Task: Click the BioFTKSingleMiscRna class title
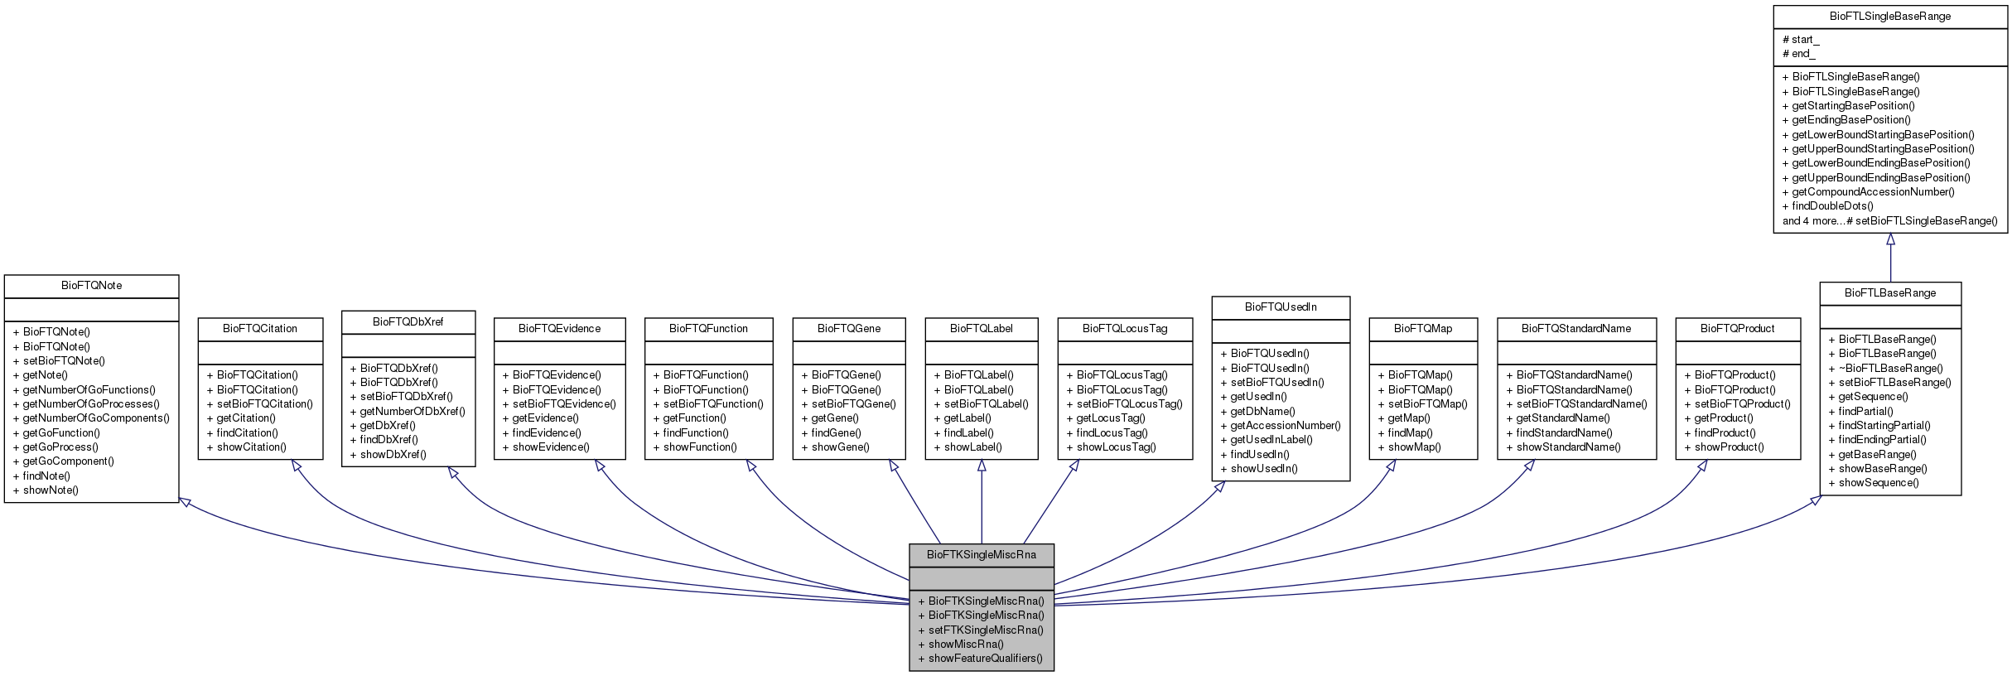tap(981, 554)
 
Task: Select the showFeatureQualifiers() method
tap(981, 659)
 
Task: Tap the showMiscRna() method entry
tap(961, 644)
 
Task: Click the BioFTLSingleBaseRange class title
tap(1889, 17)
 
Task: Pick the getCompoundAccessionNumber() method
tap(1868, 191)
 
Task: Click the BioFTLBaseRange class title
tap(1889, 293)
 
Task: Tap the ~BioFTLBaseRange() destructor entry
tap(1885, 368)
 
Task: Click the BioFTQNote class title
tap(91, 286)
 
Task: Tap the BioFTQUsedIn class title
tap(1280, 307)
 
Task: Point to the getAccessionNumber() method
tap(1281, 426)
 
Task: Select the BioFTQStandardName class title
tap(1575, 329)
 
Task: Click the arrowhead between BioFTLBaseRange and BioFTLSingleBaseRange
tap(1890, 239)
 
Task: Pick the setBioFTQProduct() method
tap(1737, 404)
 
